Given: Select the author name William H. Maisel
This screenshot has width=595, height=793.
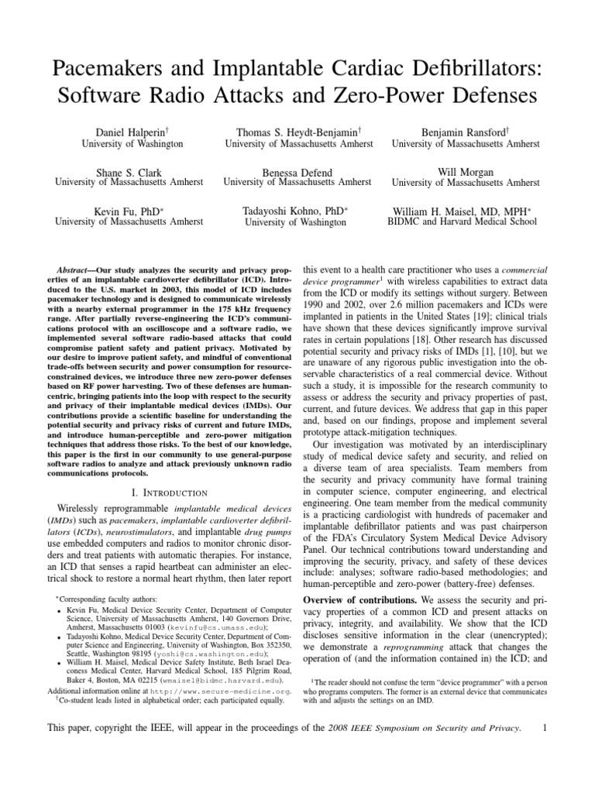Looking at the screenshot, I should click(449, 210).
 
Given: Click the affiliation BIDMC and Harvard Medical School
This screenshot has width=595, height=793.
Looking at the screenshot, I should click(462, 221).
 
